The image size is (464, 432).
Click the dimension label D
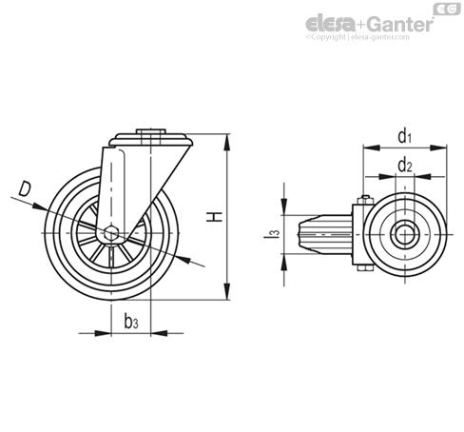click(x=25, y=188)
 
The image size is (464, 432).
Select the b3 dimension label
click(x=131, y=322)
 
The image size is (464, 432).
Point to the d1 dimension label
click(x=405, y=136)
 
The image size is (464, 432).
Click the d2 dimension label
click(x=405, y=165)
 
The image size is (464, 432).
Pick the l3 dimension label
click(x=272, y=233)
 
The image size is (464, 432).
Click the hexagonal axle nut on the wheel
click(x=111, y=233)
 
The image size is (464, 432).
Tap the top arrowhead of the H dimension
click(x=227, y=142)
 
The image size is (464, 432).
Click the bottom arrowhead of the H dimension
click(x=227, y=291)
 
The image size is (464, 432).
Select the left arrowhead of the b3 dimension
click(x=103, y=333)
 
